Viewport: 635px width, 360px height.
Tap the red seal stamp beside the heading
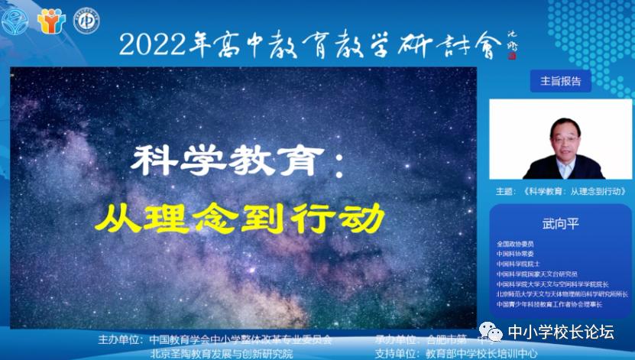pyautogui.click(x=512, y=56)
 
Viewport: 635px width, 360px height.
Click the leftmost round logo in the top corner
pyautogui.click(x=15, y=21)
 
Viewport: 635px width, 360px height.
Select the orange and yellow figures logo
pyautogui.click(x=51, y=21)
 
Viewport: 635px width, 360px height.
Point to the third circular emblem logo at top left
pyautogui.click(x=86, y=21)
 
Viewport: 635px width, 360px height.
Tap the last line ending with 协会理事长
pyautogui.click(x=549, y=303)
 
